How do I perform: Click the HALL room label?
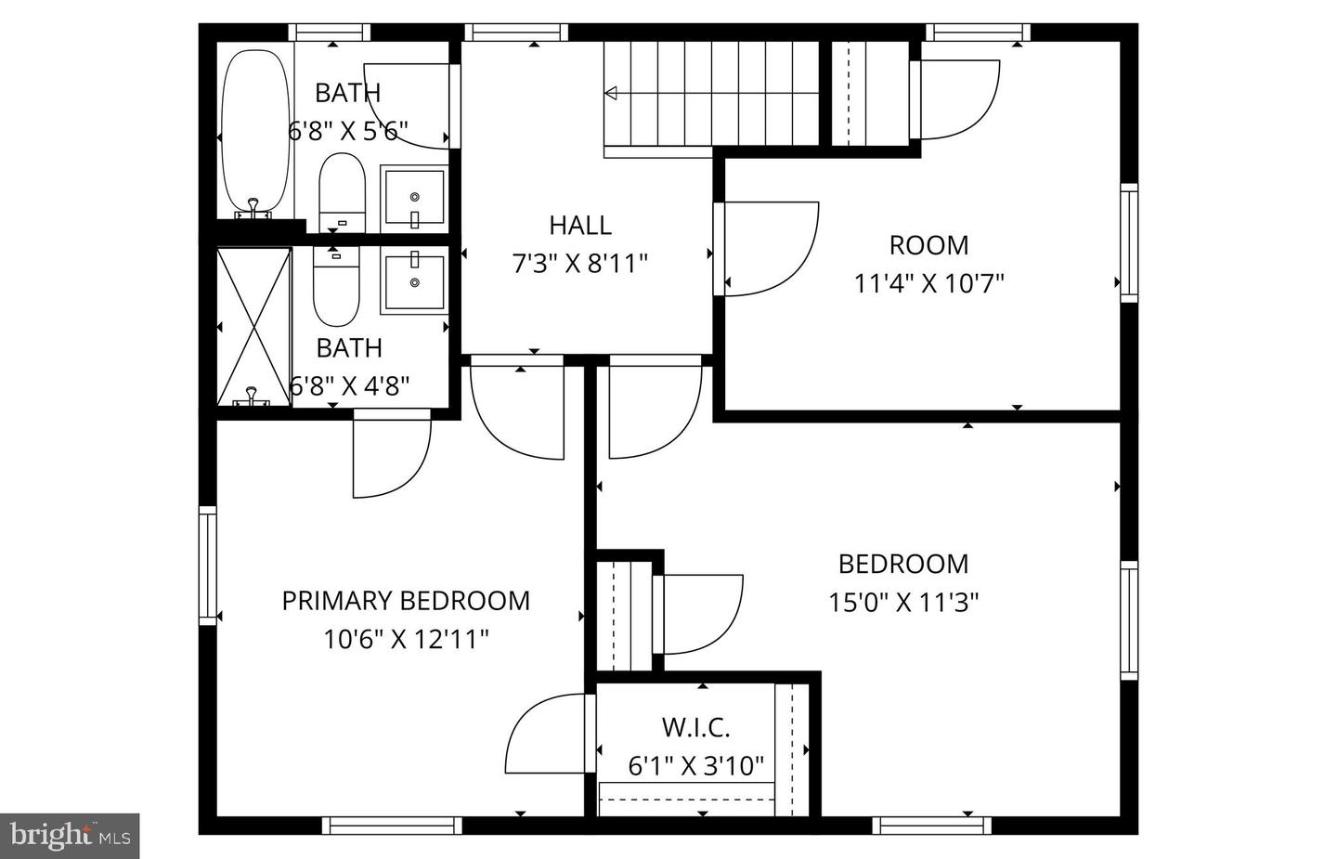coord(579,226)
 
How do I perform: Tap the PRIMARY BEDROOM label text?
coord(406,601)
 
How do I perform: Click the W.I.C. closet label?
coord(695,727)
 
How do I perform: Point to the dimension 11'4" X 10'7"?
coord(928,283)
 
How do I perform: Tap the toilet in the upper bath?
coord(342,193)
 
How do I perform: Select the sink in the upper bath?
coord(414,198)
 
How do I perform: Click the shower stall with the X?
coord(253,326)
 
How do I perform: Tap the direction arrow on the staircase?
coord(612,93)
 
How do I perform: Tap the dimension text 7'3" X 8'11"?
coord(579,265)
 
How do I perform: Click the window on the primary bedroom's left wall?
coord(208,565)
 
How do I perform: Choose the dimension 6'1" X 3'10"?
coord(695,766)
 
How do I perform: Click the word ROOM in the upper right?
coord(928,245)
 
